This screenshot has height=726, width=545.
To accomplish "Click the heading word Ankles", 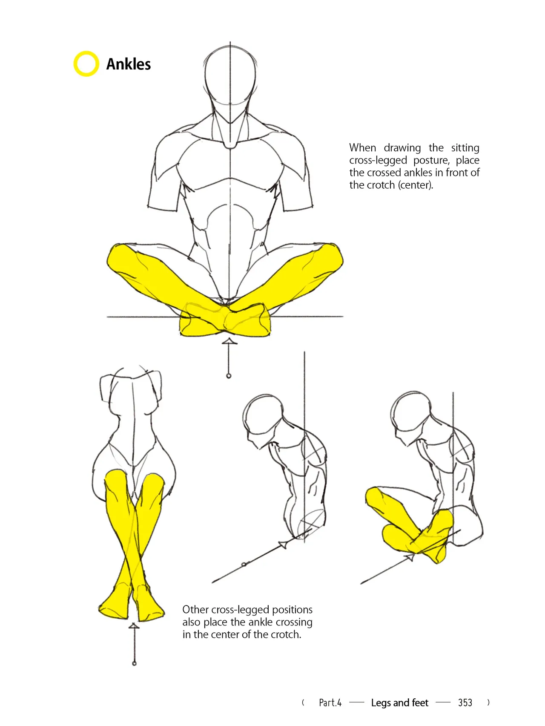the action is click(x=129, y=64).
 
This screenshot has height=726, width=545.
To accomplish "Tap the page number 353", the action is click(x=465, y=703).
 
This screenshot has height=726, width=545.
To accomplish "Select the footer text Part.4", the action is click(x=330, y=703).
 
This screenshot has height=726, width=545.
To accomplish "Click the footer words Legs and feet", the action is click(x=399, y=703).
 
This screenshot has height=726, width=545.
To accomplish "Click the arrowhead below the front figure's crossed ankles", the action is click(x=229, y=341).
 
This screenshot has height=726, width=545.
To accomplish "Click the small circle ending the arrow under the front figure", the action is click(x=229, y=376).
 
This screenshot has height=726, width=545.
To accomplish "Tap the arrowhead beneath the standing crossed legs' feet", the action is click(x=134, y=625).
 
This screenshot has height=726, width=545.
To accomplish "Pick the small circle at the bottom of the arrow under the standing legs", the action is click(x=134, y=663).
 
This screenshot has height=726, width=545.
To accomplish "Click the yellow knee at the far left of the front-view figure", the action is click(x=118, y=258).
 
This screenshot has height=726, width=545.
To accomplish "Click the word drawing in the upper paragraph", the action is click(x=402, y=148).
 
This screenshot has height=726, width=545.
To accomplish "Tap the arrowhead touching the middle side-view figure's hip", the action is click(x=282, y=544).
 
